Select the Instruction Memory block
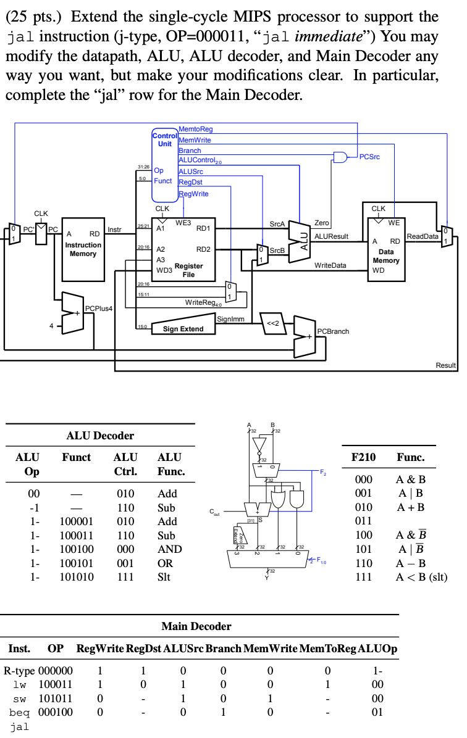coord(83,246)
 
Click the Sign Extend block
coord(183,328)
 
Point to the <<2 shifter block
coord(273,323)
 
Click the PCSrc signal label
coord(369,157)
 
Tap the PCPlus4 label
coord(99,308)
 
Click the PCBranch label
coord(333,331)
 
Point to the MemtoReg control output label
coord(195,129)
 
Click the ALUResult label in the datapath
coord(332,236)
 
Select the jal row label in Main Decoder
coord(20,726)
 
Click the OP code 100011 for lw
coord(56,684)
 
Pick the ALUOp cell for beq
coord(377,711)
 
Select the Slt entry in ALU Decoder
coord(165,577)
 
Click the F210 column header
coord(363,457)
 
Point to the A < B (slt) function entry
coord(421,577)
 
